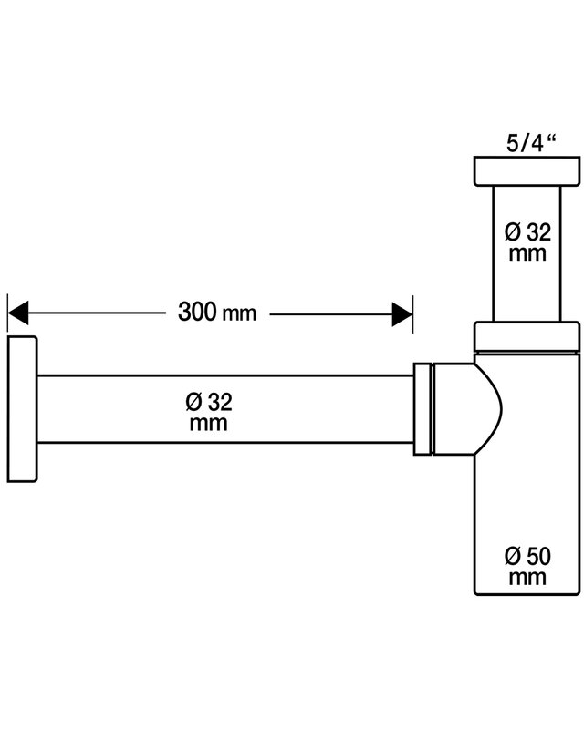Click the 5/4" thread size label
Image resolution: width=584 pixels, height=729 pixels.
click(x=532, y=143)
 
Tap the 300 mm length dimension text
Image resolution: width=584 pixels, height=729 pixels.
click(x=217, y=312)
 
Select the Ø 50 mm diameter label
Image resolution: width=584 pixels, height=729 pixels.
click(x=527, y=566)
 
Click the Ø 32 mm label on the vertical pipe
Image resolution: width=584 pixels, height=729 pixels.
click(x=527, y=242)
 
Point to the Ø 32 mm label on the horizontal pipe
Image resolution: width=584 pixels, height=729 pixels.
click(x=209, y=412)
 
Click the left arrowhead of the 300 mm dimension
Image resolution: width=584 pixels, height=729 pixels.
click(x=17, y=313)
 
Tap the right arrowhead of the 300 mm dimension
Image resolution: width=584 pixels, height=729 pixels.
click(x=402, y=314)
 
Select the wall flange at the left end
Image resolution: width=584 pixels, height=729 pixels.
click(x=22, y=408)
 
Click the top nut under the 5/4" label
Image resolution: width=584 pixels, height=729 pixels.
click(x=527, y=171)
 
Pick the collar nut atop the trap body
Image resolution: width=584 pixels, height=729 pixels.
click(x=527, y=335)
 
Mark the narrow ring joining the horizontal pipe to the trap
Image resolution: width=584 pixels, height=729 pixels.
click(x=422, y=408)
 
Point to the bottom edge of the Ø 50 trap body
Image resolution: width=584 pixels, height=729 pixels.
click(x=527, y=594)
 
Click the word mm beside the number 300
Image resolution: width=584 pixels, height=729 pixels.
click(x=239, y=313)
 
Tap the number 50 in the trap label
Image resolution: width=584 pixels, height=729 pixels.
click(x=538, y=556)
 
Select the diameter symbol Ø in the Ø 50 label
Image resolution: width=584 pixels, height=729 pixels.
click(x=513, y=556)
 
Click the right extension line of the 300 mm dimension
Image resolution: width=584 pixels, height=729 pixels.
click(x=412, y=313)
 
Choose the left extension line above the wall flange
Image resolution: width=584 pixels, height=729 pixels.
click(x=7, y=313)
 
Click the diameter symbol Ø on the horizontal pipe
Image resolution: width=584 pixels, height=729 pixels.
click(x=193, y=402)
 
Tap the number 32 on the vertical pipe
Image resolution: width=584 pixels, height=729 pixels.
click(x=538, y=232)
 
